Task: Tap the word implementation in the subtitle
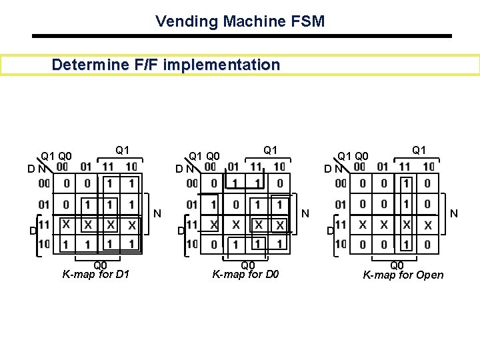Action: point(232,65)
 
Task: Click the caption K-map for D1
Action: point(95,274)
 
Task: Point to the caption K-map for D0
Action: point(245,274)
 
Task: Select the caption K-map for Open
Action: point(403,275)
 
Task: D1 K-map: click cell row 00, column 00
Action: point(66,183)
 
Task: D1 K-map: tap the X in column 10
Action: point(131,225)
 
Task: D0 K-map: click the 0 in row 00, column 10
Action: point(279,183)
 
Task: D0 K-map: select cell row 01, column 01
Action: point(235,204)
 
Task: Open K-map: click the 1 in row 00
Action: point(407,183)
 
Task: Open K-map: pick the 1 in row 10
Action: point(407,245)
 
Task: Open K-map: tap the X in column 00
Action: point(362,225)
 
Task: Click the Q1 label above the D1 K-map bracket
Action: point(122,150)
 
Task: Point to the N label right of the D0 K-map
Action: point(305,214)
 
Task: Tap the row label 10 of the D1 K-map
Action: point(44,245)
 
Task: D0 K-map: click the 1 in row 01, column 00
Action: point(213,204)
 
